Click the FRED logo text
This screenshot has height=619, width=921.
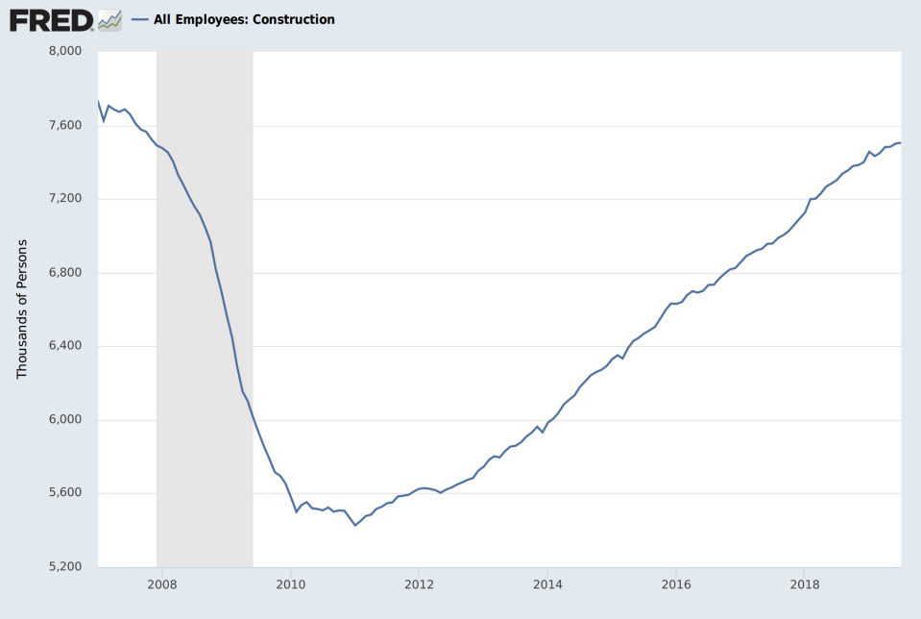(x=51, y=19)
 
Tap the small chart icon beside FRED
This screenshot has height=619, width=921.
(x=109, y=19)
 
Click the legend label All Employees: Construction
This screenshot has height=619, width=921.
(x=244, y=19)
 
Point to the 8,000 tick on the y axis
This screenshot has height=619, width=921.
(x=68, y=51)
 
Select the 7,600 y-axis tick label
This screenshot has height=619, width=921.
(x=68, y=125)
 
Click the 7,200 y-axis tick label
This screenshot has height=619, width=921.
(x=68, y=199)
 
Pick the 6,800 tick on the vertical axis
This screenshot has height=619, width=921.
(x=68, y=272)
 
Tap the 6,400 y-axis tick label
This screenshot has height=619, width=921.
(x=68, y=346)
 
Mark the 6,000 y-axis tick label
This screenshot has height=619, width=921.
(x=68, y=420)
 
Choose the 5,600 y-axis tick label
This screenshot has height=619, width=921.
(x=68, y=493)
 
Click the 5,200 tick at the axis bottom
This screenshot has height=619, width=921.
(x=68, y=567)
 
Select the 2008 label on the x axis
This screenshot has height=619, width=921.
(x=161, y=583)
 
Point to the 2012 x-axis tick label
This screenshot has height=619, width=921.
(x=419, y=583)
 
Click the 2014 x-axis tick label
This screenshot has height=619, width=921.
(x=547, y=583)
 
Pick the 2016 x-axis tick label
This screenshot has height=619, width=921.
(x=676, y=583)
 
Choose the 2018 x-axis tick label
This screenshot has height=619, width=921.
(x=805, y=583)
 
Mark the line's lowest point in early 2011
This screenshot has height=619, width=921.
(x=355, y=525)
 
